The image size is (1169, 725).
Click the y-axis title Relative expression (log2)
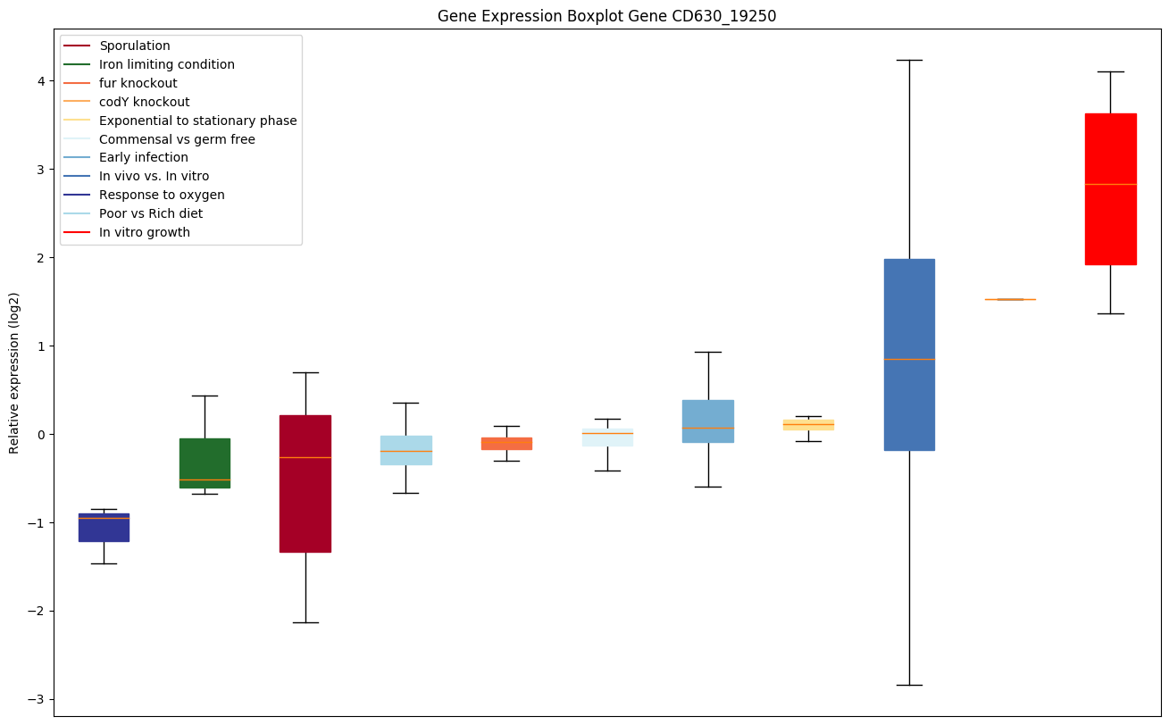[14, 372]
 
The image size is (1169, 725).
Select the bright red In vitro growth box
[1110, 188]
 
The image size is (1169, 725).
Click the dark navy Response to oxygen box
[104, 528]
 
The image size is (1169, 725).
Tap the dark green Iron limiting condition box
[205, 462]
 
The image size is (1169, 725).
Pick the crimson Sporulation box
[305, 483]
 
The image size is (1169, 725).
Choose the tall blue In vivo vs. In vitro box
[909, 354]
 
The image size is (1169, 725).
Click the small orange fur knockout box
[506, 443]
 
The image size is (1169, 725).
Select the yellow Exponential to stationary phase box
[808, 424]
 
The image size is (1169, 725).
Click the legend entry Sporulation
[135, 46]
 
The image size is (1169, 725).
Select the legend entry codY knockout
[145, 102]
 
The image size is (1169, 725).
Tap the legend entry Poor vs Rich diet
[151, 213]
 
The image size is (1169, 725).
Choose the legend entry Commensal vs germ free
[177, 139]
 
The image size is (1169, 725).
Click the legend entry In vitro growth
[145, 232]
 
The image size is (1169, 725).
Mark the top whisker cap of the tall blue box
[909, 60]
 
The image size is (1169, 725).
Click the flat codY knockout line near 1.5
[1010, 299]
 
